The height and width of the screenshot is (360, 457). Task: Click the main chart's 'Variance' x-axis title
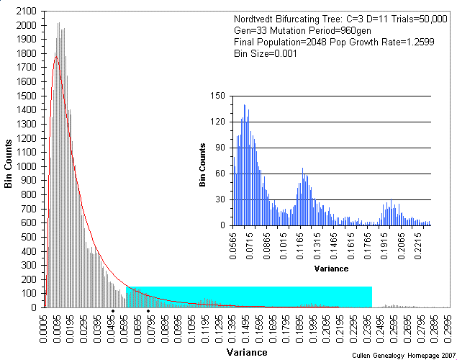coord(247,352)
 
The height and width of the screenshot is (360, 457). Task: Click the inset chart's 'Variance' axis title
coord(332,269)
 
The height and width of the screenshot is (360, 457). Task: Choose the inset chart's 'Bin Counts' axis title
coord(203,161)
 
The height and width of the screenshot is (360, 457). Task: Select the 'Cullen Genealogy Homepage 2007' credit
coord(404,355)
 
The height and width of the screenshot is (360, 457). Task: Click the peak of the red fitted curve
coord(55,56)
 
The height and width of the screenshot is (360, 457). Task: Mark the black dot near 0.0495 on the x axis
coord(113,311)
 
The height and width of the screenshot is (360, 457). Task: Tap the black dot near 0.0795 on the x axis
coord(148,311)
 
